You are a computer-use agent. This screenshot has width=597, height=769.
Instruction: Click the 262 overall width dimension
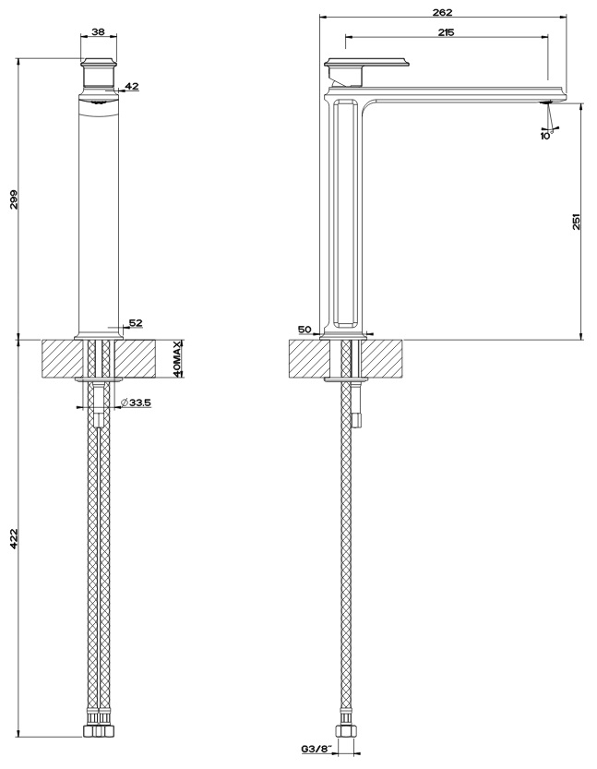coord(442,12)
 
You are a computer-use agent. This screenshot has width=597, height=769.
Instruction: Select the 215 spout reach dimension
coord(446,32)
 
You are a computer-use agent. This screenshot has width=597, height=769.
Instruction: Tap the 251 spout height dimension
coord(576,222)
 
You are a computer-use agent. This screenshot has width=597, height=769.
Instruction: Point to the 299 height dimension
coord(14,199)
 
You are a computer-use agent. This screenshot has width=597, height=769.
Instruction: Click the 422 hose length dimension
coord(14,538)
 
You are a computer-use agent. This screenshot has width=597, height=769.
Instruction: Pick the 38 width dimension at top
coord(98,32)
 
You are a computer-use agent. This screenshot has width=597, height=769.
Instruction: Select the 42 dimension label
coord(132,87)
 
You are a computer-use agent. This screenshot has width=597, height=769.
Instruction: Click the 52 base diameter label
coord(136,323)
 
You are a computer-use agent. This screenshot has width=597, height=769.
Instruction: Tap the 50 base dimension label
coord(304,329)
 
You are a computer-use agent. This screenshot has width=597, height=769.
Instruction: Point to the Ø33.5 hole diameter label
coord(136,403)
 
